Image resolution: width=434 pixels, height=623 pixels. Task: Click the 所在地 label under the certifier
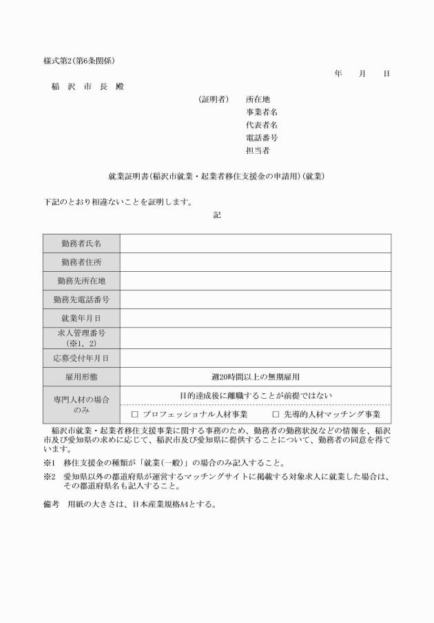pyautogui.click(x=258, y=99)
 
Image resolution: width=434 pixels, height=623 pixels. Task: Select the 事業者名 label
pyautogui.click(x=262, y=112)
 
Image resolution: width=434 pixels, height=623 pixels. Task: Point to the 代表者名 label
pyautogui.click(x=262, y=125)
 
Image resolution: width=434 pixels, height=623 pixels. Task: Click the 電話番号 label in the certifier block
pyautogui.click(x=262, y=137)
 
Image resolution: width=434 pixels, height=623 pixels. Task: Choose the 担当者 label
pyautogui.click(x=258, y=150)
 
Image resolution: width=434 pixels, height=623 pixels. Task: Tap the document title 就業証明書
pyautogui.click(x=216, y=177)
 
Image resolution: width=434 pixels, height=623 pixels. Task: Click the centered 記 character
pyautogui.click(x=217, y=215)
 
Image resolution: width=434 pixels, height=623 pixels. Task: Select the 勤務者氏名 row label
pyautogui.click(x=81, y=244)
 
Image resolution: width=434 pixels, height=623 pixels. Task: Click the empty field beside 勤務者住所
pyautogui.click(x=255, y=262)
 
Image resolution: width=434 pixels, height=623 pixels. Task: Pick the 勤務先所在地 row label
pyautogui.click(x=81, y=281)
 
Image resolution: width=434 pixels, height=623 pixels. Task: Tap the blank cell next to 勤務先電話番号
pyautogui.click(x=255, y=299)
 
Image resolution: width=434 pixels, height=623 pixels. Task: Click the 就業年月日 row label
pyautogui.click(x=81, y=318)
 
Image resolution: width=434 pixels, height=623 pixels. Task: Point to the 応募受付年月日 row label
pyautogui.click(x=81, y=358)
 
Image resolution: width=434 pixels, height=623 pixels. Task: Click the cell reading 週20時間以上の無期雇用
pyautogui.click(x=255, y=377)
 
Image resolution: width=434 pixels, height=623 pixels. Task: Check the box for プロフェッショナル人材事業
pyautogui.click(x=135, y=415)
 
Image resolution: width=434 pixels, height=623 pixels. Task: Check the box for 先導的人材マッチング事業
pyautogui.click(x=276, y=415)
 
